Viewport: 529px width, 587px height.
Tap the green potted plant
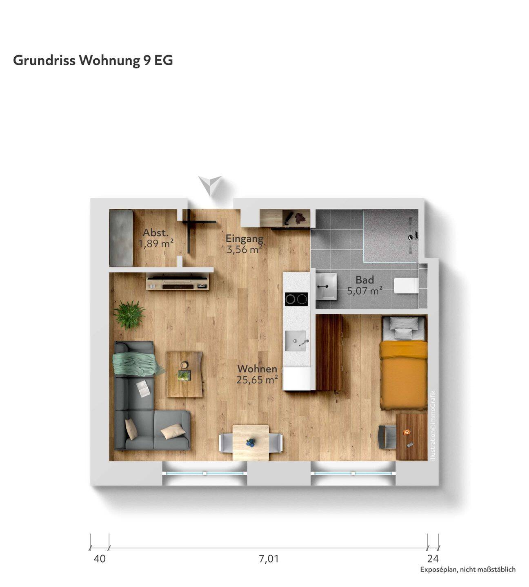tap(129, 315)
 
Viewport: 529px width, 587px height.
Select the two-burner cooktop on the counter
tap(296, 299)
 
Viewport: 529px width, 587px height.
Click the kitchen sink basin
tap(296, 341)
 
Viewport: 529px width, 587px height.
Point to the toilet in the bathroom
tap(406, 285)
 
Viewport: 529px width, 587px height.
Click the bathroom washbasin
tap(326, 287)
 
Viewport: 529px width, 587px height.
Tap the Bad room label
tap(365, 280)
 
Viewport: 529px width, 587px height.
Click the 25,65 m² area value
tap(257, 380)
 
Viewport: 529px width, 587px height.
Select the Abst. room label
tap(156, 233)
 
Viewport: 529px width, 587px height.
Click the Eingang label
tap(245, 239)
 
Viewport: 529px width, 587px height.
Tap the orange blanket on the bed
tap(404, 375)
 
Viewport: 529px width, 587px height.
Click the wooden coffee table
tap(184, 374)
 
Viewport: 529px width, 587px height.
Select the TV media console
tap(178, 282)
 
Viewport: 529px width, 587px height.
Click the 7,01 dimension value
tap(269, 558)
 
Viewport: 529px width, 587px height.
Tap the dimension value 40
tap(100, 558)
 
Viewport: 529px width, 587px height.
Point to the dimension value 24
tap(433, 558)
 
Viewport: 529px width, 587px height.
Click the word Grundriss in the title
tap(44, 61)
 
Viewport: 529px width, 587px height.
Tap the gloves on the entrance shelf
tap(300, 218)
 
